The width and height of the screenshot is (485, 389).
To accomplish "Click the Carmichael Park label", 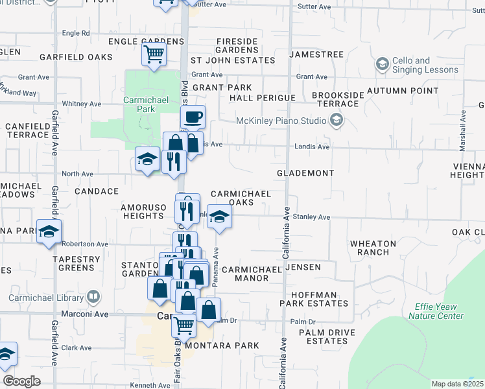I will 139,105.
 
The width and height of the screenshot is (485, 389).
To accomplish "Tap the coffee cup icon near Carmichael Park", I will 193,117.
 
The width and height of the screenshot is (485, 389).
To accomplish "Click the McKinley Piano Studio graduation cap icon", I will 336,119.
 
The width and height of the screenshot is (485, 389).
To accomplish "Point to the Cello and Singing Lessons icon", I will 382,64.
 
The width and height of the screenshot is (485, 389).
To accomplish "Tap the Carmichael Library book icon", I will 94,298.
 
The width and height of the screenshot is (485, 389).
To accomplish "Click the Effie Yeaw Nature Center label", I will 436,311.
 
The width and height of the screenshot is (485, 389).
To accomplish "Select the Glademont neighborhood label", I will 305,174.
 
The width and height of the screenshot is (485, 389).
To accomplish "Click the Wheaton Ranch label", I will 373,248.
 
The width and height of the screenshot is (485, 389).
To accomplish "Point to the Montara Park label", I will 222,346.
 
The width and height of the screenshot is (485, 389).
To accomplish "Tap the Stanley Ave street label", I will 312,217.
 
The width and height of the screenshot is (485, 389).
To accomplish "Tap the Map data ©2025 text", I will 457,384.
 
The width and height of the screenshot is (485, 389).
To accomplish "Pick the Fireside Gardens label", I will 237,46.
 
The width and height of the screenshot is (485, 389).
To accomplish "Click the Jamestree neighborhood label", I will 316,55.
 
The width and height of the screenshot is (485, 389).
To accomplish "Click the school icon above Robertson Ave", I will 49,231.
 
